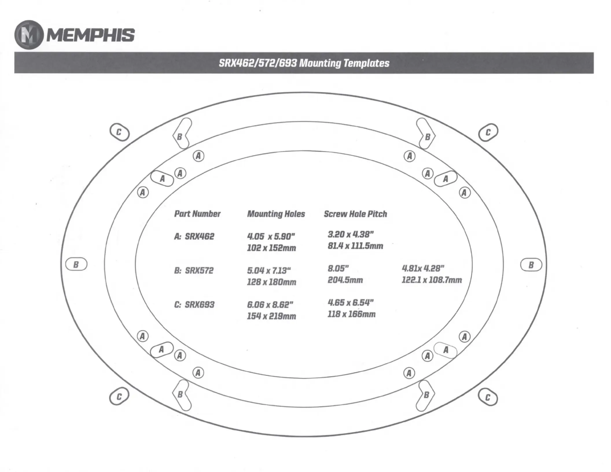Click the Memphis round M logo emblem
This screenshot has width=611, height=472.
(x=29, y=35)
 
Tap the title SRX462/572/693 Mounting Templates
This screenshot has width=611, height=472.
(x=304, y=63)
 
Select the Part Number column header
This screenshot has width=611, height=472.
(x=197, y=214)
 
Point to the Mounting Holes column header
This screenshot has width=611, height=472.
(x=276, y=214)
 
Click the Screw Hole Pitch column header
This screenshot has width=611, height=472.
(x=356, y=214)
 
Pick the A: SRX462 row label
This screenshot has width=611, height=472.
(x=194, y=236)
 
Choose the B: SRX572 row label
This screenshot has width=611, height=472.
(x=194, y=270)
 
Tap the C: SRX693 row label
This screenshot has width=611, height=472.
(x=194, y=305)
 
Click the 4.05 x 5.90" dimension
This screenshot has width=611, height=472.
(x=271, y=236)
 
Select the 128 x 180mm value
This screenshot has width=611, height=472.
(x=272, y=282)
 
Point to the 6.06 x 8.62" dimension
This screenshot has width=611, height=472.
(x=270, y=305)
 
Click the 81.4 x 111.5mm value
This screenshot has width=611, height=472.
(x=356, y=246)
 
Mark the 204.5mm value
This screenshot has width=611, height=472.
(x=345, y=280)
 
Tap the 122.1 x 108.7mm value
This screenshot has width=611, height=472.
(x=432, y=280)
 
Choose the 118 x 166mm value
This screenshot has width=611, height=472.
(x=352, y=314)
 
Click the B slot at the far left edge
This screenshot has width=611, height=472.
(x=76, y=264)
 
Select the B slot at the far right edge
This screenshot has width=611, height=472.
(x=531, y=265)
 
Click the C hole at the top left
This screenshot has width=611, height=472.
(x=119, y=132)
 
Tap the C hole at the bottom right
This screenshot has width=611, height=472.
(x=488, y=397)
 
